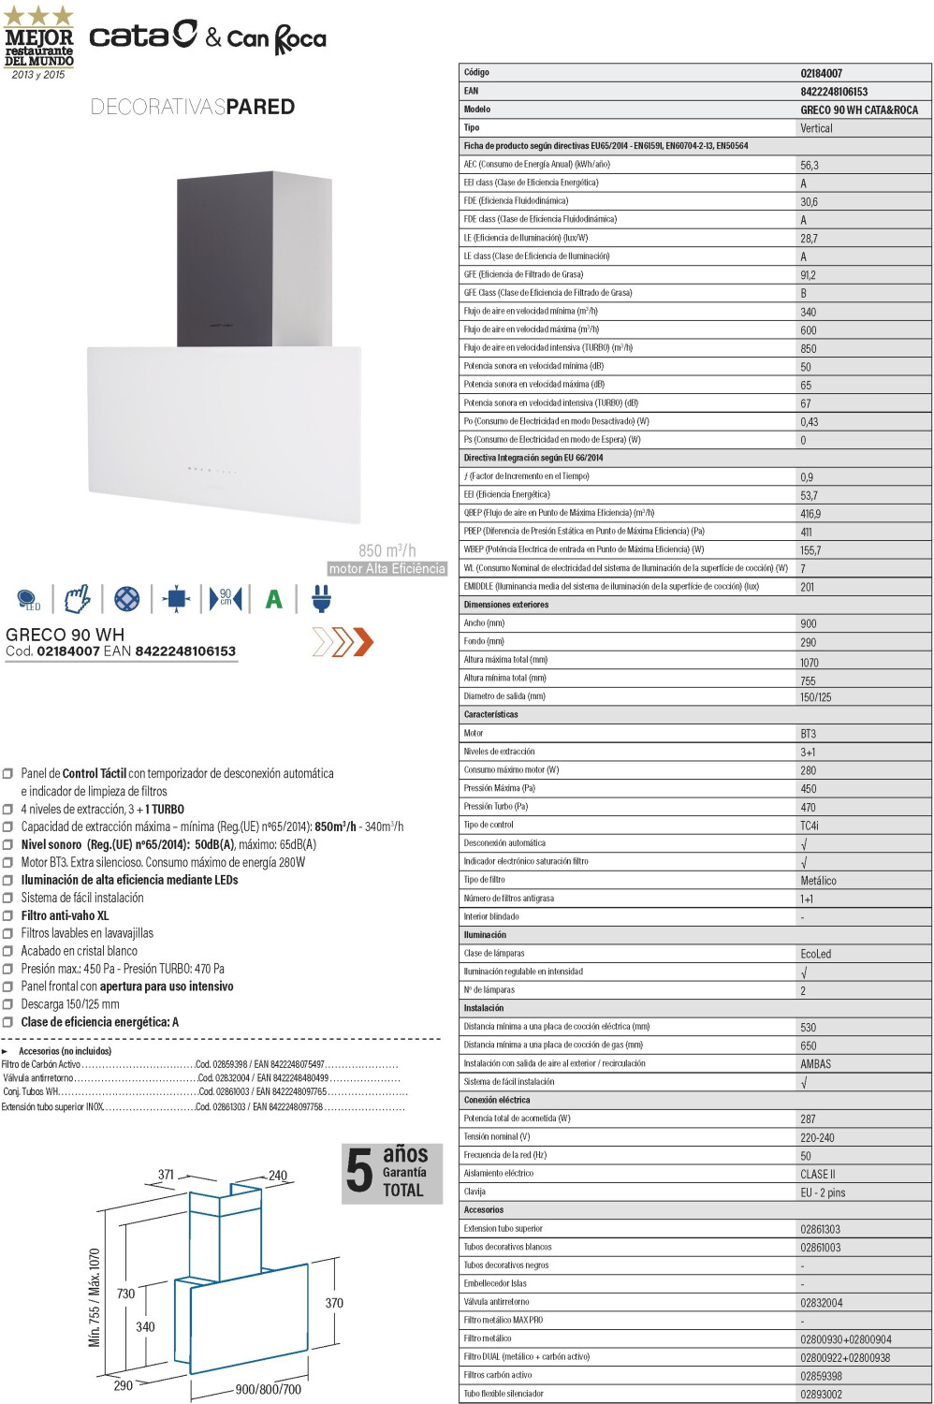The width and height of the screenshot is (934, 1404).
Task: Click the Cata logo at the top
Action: [x=142, y=36]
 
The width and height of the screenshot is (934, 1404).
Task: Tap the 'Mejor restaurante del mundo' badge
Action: [x=38, y=43]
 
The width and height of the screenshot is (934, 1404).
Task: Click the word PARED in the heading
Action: [x=260, y=107]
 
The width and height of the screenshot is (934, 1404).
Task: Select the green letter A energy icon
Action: [x=273, y=599]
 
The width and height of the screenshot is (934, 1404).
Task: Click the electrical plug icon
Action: [x=321, y=598]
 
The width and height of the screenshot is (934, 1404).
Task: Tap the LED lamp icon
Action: [x=27, y=599]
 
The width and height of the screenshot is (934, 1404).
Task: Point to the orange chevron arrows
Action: [x=343, y=642]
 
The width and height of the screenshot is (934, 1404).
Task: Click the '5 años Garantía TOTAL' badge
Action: [x=391, y=1172]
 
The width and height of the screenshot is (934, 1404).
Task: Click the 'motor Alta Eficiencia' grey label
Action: [x=387, y=569]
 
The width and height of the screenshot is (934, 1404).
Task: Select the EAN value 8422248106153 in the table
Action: [x=834, y=92]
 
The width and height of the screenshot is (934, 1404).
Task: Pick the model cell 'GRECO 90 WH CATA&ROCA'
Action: [x=858, y=110]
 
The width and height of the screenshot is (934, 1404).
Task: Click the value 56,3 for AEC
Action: [x=809, y=165]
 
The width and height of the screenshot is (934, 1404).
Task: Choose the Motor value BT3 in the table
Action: [x=808, y=734]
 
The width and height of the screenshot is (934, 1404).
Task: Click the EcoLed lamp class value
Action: [x=815, y=954]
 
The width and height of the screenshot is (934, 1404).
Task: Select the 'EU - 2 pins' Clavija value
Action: [x=822, y=1192]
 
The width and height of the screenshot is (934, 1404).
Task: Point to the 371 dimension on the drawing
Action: [x=166, y=1175]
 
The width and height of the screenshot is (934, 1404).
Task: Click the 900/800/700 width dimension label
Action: [x=268, y=1389]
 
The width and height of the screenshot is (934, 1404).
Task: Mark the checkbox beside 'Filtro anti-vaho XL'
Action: [x=7, y=916]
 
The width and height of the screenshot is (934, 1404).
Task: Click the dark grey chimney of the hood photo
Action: [x=241, y=257]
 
